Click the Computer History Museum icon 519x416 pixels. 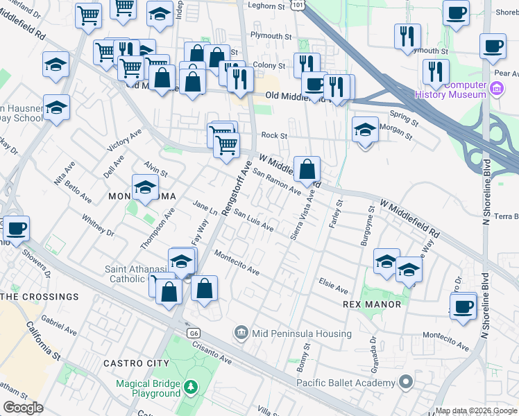click(496, 89)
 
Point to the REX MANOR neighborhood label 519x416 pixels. click(372, 304)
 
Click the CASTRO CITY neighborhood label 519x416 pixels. click(136, 363)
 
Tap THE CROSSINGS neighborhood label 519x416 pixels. click(40, 297)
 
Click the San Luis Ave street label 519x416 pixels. click(253, 220)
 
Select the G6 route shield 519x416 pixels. click(193, 333)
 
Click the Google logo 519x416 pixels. click(24, 408)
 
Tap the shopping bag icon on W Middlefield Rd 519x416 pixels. click(307, 168)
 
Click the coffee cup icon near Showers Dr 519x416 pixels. click(16, 227)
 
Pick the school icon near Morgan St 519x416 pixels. click(365, 129)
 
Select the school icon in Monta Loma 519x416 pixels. click(145, 187)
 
